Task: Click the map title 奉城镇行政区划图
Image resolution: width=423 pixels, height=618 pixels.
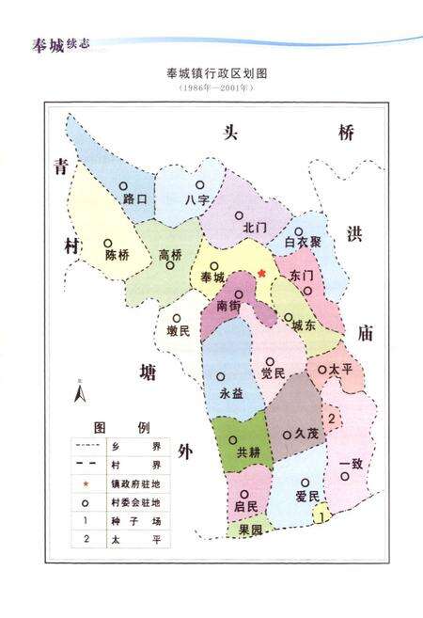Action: [212, 72]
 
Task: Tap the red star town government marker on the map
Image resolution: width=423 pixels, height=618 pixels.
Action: [262, 274]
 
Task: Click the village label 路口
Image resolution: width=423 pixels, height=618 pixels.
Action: [137, 200]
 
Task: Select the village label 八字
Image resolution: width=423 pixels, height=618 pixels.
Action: [197, 200]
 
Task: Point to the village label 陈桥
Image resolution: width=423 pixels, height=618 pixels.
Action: [117, 255]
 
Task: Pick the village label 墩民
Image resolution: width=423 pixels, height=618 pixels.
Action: [178, 330]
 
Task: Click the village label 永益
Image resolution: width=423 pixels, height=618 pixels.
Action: [231, 395]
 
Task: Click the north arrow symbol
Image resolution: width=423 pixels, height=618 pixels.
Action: [80, 390]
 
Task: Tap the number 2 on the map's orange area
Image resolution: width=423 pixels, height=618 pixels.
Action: [332, 415]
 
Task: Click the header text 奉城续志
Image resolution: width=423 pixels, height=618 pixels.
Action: [58, 42]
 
